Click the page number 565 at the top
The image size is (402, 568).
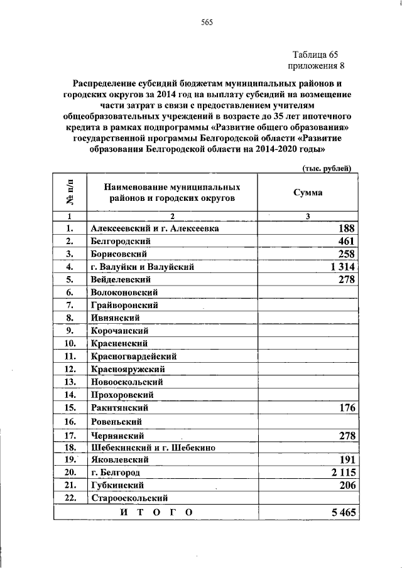(x=207, y=23)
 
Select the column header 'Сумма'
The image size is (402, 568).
(x=308, y=193)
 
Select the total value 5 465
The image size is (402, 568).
(x=344, y=512)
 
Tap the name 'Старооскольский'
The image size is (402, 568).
(x=126, y=498)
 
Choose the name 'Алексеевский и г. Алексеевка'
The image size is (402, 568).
(x=155, y=229)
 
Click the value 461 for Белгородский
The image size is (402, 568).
(x=347, y=242)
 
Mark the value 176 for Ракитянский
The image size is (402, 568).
(x=347, y=408)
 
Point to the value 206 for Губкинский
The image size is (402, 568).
(x=347, y=485)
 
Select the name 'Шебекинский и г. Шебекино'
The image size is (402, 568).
(x=153, y=447)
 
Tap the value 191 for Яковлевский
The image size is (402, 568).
(x=347, y=459)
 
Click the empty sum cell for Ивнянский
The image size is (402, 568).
(x=308, y=318)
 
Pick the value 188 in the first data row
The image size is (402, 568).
(x=347, y=229)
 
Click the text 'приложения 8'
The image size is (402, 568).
(x=317, y=66)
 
